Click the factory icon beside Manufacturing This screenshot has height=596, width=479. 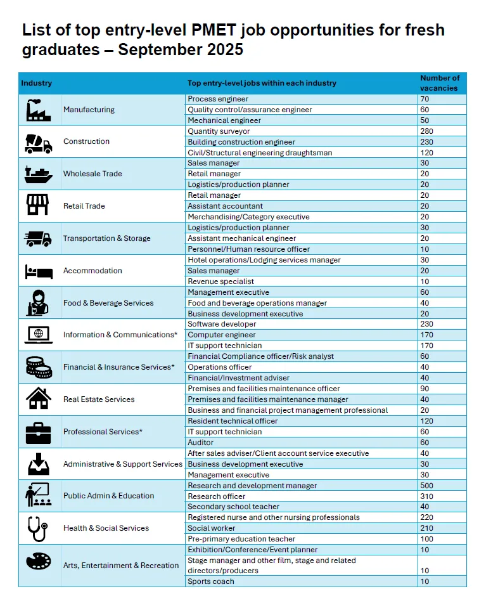pos(38,110)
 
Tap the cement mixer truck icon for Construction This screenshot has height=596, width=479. pos(38,143)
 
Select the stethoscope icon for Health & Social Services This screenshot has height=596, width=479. pos(38,528)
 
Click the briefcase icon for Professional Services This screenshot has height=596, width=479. pos(38,432)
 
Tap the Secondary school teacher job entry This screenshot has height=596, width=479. pos(233,507)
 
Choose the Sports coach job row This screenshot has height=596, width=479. pos(211,581)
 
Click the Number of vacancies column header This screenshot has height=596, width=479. pos(440,83)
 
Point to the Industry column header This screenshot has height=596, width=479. pos(37,83)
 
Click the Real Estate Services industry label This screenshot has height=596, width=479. pos(99,399)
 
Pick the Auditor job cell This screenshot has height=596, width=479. pos(201,443)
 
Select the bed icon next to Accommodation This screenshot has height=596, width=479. pos(38,271)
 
